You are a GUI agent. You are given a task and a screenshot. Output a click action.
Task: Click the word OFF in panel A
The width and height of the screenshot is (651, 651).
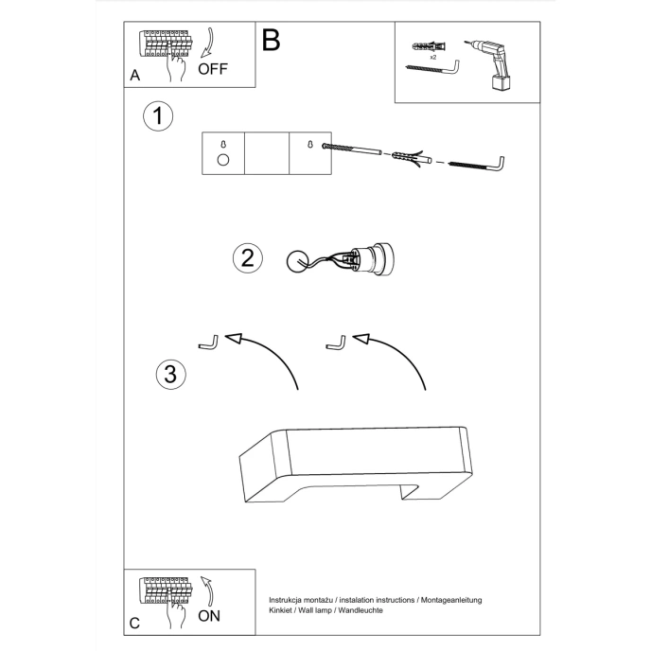click(x=213, y=69)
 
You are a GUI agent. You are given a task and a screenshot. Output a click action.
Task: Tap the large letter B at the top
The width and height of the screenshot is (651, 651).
click(x=272, y=40)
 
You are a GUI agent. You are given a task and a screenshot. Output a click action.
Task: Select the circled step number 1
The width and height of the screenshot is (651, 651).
click(x=159, y=116)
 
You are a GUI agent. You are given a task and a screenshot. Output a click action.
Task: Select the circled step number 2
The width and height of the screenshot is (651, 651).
click(x=247, y=257)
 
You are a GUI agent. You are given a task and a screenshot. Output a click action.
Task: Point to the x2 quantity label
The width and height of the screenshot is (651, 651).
click(x=432, y=58)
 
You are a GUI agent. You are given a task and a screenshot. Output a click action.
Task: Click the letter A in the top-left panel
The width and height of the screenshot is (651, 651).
click(x=135, y=75)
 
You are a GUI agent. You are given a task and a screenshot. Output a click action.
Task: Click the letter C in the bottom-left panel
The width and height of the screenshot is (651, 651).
click(x=135, y=623)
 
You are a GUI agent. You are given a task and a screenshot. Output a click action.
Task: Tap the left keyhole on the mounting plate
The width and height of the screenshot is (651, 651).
click(x=223, y=145)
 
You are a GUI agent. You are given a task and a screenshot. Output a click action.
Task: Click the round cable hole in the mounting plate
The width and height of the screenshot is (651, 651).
click(x=223, y=160)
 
